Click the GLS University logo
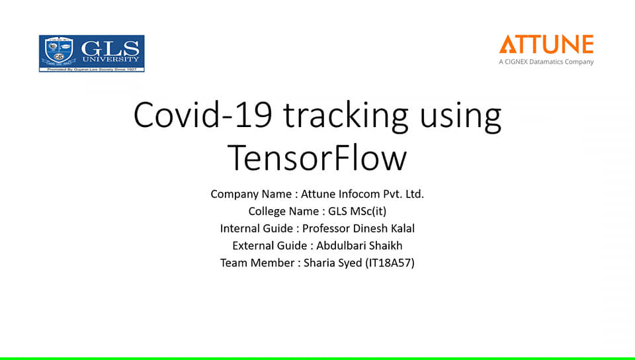(x=91, y=54)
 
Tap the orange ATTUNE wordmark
(x=546, y=44)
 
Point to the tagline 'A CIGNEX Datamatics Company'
(x=546, y=62)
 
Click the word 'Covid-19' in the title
(x=202, y=115)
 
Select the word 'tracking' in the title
(x=345, y=116)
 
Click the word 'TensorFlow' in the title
(x=317, y=157)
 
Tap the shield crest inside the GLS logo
(x=59, y=50)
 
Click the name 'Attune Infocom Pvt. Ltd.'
(x=362, y=194)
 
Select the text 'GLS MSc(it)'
(x=357, y=211)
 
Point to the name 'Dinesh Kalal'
(x=384, y=228)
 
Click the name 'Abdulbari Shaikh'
(x=359, y=246)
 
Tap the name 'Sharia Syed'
(x=333, y=263)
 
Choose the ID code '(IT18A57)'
(x=390, y=263)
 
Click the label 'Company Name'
(x=251, y=195)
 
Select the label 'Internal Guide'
(x=257, y=228)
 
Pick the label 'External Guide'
(x=270, y=246)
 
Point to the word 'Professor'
(x=326, y=228)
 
